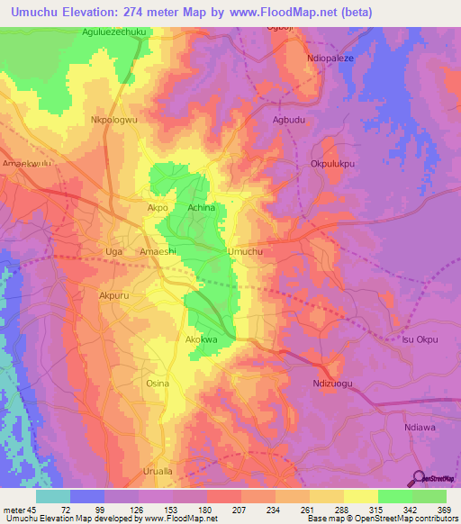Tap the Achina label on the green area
pyautogui.click(x=202, y=207)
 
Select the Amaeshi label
pyautogui.click(x=158, y=252)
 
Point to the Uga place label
pyautogui.click(x=113, y=252)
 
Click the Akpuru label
pyautogui.click(x=114, y=294)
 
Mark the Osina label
pyautogui.click(x=158, y=383)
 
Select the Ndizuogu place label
pyautogui.click(x=333, y=383)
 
